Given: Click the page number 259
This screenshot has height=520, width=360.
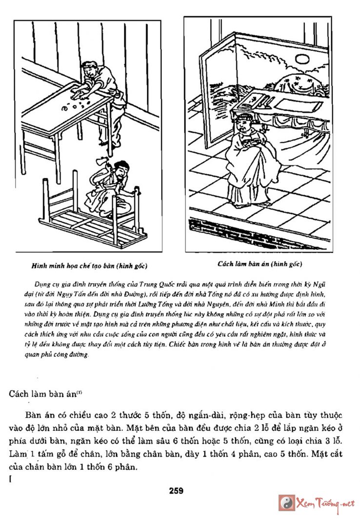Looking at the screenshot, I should tap(177, 491).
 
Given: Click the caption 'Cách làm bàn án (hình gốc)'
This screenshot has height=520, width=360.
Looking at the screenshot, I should tap(260, 264).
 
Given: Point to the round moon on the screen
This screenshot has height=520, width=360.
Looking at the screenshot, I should tap(302, 59).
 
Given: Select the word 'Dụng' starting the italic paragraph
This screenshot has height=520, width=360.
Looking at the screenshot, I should tap(43, 283).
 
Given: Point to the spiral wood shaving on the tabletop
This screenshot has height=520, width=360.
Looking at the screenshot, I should tap(64, 109).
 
